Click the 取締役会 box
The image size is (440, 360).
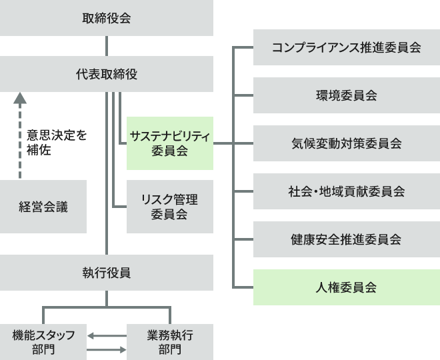click(107, 18)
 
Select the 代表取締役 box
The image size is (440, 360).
click(107, 74)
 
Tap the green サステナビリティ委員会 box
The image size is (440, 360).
click(170, 143)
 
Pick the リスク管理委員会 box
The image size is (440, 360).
click(170, 207)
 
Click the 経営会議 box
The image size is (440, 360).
click(43, 207)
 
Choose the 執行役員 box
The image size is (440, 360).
click(107, 273)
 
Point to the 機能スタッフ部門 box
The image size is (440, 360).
click(43, 342)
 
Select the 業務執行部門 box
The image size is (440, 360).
click(170, 342)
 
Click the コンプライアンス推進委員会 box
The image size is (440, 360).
click(347, 47)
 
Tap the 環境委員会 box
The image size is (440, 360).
click(347, 95)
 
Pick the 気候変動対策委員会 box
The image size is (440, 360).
click(347, 143)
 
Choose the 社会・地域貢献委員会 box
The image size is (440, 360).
click(347, 191)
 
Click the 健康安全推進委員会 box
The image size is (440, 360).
click(347, 239)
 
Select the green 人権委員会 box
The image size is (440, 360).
click(347, 287)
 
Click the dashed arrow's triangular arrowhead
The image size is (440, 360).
click(20, 98)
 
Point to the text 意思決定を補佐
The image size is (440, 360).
click(57, 143)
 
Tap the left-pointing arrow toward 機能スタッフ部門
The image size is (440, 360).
click(107, 335)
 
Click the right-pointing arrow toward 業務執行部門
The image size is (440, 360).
click(107, 349)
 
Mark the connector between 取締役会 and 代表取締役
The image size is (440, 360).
click(107, 46)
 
